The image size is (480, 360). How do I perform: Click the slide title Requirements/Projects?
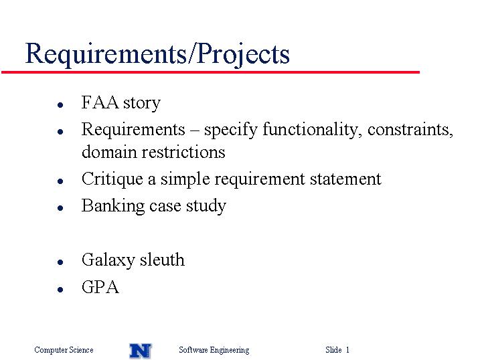(157, 54)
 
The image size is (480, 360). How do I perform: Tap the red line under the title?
(210, 72)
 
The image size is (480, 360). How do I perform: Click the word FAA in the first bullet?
(100, 102)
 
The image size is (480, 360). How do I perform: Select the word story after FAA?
(142, 103)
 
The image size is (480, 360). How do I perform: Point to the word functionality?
(310, 130)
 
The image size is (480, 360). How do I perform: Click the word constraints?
(410, 130)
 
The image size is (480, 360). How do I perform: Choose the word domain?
(108, 152)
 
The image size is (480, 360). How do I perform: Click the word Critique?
(112, 179)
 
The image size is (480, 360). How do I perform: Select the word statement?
(345, 179)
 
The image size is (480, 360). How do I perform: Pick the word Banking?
(113, 206)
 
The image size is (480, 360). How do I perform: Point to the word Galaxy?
(108, 260)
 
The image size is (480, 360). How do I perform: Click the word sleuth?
(163, 260)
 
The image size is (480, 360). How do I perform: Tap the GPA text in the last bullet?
(100, 287)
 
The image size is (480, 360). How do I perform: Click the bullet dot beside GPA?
(60, 289)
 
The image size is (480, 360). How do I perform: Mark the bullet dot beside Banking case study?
(60, 208)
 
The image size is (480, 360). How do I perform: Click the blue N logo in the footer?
(141, 351)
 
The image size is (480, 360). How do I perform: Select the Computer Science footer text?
(64, 349)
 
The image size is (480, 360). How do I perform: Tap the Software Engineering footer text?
(214, 350)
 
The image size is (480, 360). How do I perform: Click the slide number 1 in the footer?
(347, 349)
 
